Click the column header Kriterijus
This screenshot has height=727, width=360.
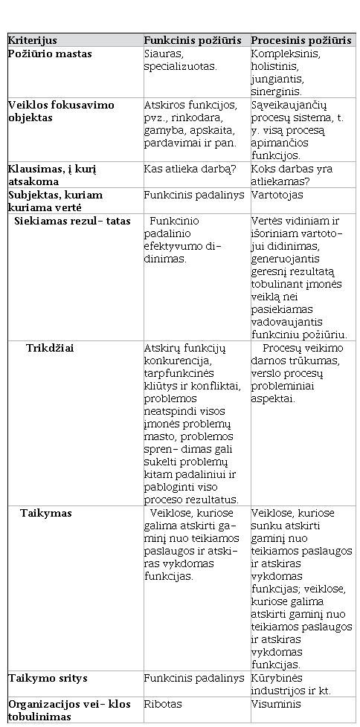tap(33, 40)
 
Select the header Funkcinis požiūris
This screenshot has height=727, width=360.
tap(195, 40)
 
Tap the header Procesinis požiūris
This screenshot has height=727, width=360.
tap(301, 40)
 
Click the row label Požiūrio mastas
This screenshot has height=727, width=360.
tap(50, 54)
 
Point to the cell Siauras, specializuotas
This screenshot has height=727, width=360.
tap(180, 59)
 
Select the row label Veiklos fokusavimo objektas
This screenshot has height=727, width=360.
tap(61, 111)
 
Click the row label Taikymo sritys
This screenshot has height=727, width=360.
tap(48, 678)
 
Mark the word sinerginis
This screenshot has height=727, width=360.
tap(276, 91)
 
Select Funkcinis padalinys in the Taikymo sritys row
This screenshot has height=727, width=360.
tap(193, 678)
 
